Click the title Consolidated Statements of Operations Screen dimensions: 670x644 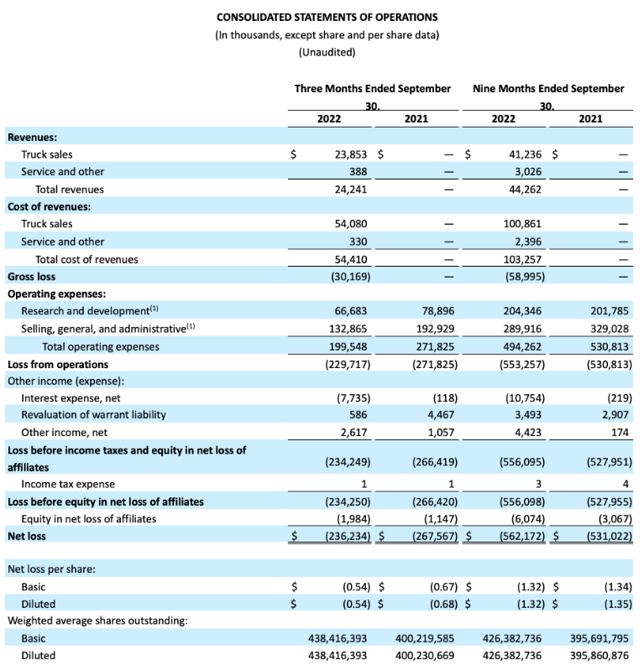pyautogui.click(x=327, y=17)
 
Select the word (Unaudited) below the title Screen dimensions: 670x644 pyautogui.click(x=327, y=53)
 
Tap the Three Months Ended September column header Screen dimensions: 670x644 pyautogui.click(x=372, y=88)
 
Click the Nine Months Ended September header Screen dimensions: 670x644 pyautogui.click(x=548, y=88)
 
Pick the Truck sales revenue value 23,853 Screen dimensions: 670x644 pyautogui.click(x=348, y=154)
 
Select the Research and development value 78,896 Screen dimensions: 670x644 pyautogui.click(x=434, y=311)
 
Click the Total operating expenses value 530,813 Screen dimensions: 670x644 pyautogui.click(x=610, y=346)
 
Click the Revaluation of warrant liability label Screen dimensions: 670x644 pyautogui.click(x=93, y=414)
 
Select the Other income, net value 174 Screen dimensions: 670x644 pyautogui.click(x=621, y=432)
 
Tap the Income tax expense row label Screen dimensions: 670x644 pyautogui.click(x=68, y=484)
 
